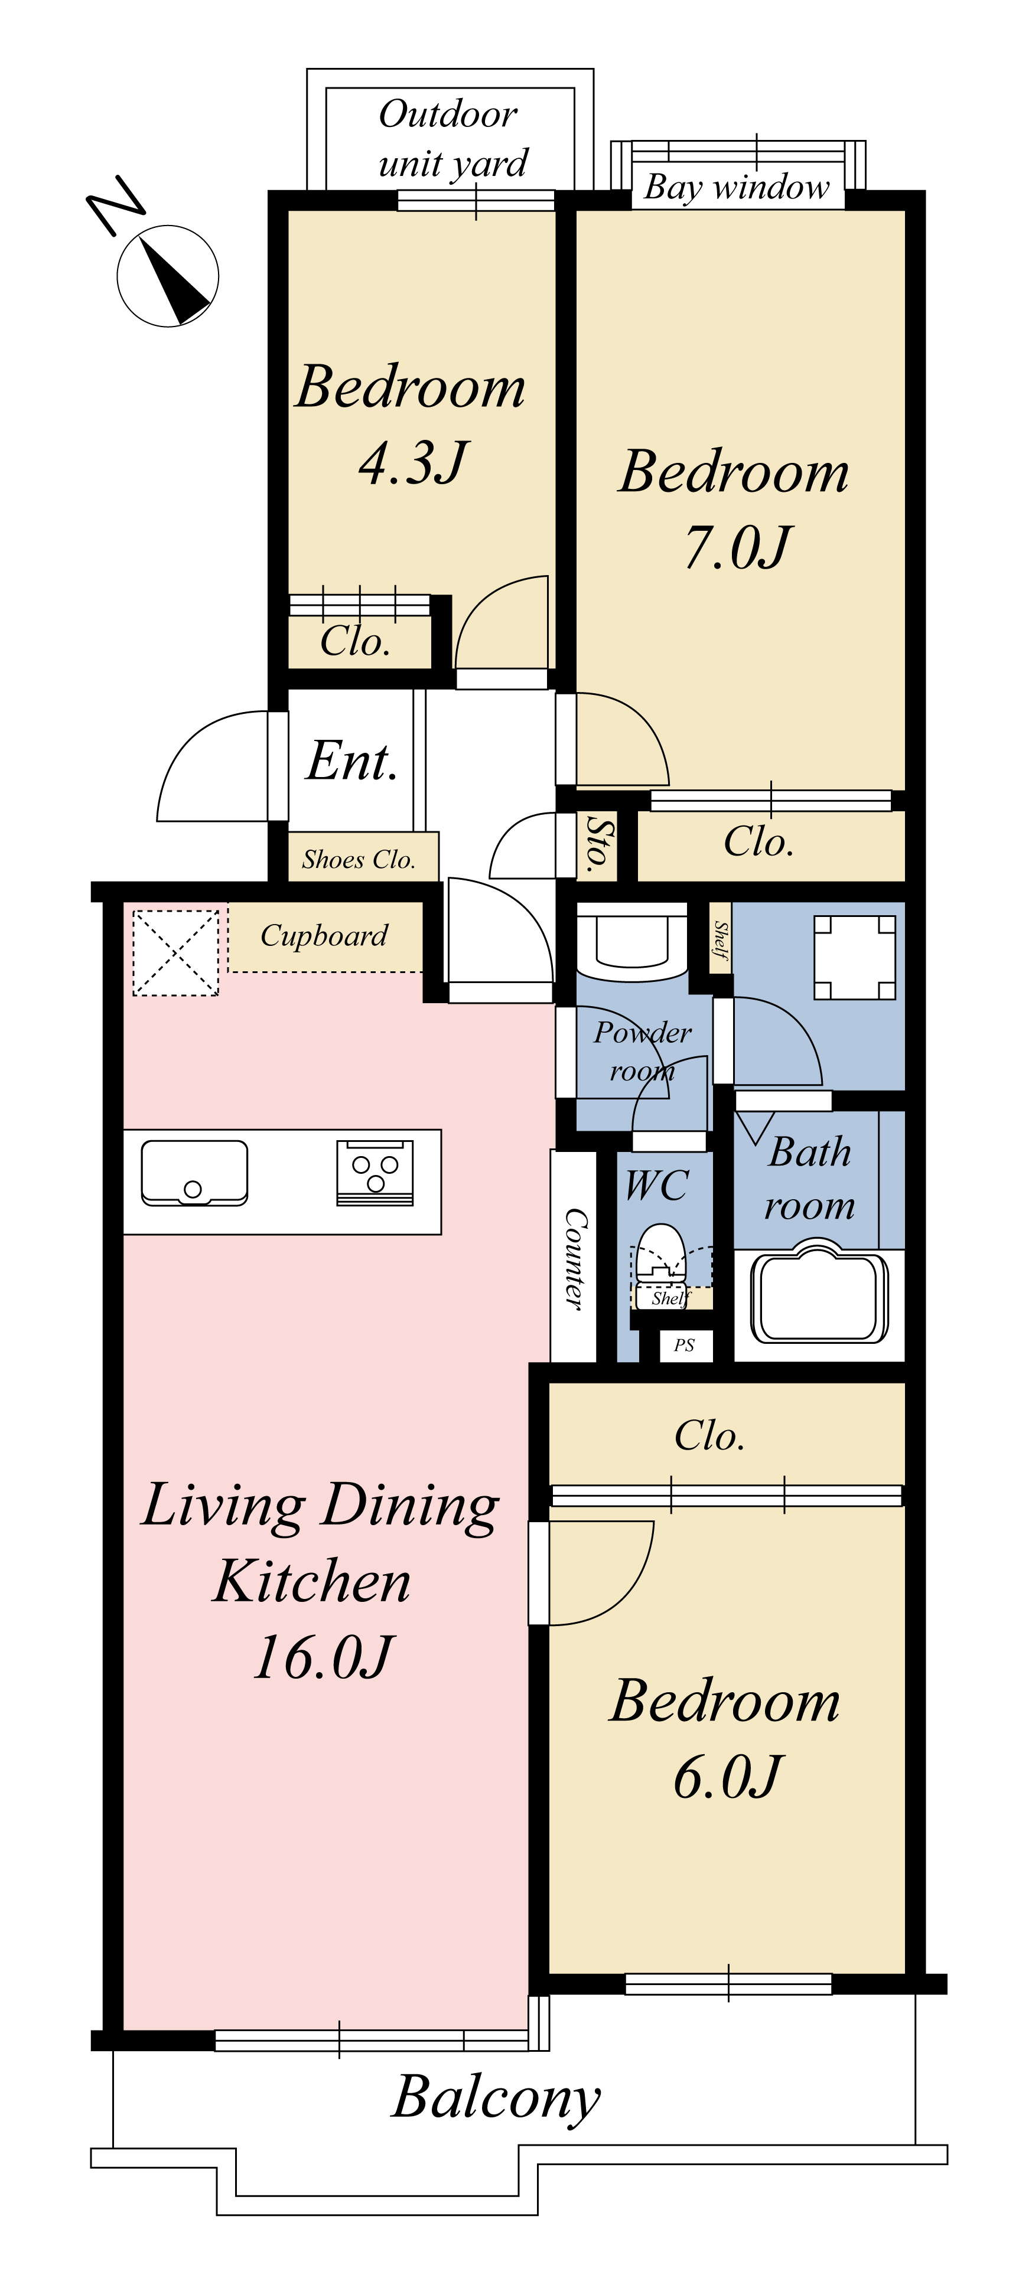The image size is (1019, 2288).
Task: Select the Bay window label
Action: click(x=737, y=187)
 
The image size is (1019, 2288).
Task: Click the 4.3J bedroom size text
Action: click(x=413, y=462)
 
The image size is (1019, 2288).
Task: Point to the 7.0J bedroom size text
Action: click(x=737, y=546)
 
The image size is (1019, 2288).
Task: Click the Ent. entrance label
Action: click(x=352, y=761)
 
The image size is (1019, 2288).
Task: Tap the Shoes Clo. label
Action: click(x=359, y=859)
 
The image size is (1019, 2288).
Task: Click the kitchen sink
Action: click(x=194, y=1173)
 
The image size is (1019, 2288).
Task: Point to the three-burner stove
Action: click(x=375, y=1173)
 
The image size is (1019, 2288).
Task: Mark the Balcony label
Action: click(x=496, y=2099)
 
